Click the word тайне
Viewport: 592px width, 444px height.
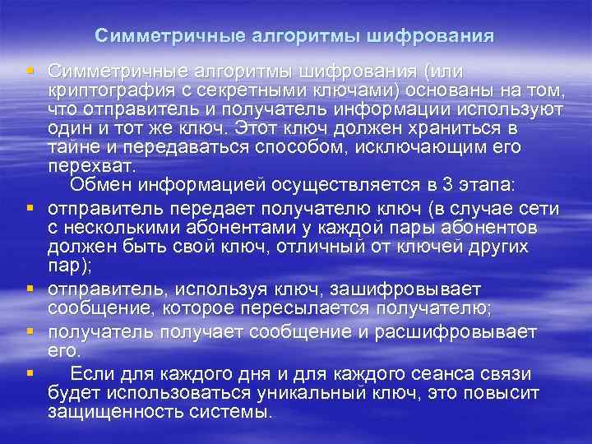tap(72, 148)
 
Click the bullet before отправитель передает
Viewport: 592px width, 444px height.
tap(30, 206)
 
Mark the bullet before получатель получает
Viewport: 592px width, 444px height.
tap(30, 331)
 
